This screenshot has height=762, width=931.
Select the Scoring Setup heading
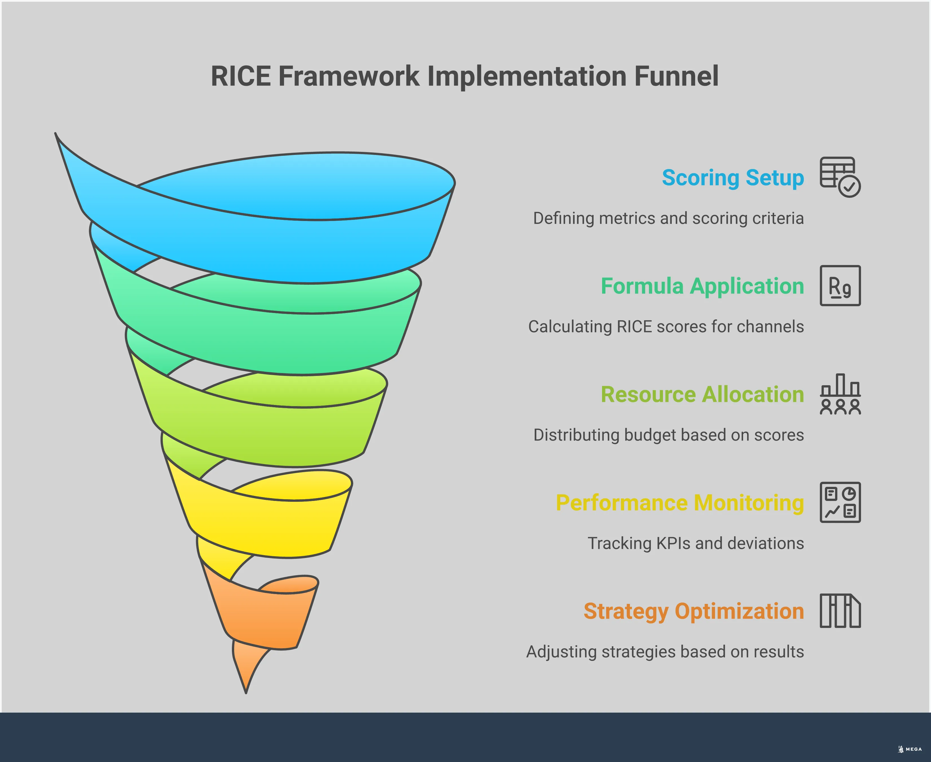[x=732, y=178]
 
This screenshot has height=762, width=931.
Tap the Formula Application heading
[x=702, y=286]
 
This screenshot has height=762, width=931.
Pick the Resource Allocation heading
[x=702, y=394]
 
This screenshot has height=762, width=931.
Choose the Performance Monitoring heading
[x=680, y=503]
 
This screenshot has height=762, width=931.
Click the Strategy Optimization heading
[x=693, y=611]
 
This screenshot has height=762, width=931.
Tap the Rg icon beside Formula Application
[x=840, y=286]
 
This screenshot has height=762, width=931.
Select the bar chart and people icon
[x=840, y=394]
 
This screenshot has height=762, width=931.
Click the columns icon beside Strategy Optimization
[x=840, y=611]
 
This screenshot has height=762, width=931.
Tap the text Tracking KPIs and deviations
[x=695, y=543]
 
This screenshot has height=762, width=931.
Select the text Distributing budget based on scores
[x=668, y=435]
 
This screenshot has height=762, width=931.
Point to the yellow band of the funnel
[x=263, y=527]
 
